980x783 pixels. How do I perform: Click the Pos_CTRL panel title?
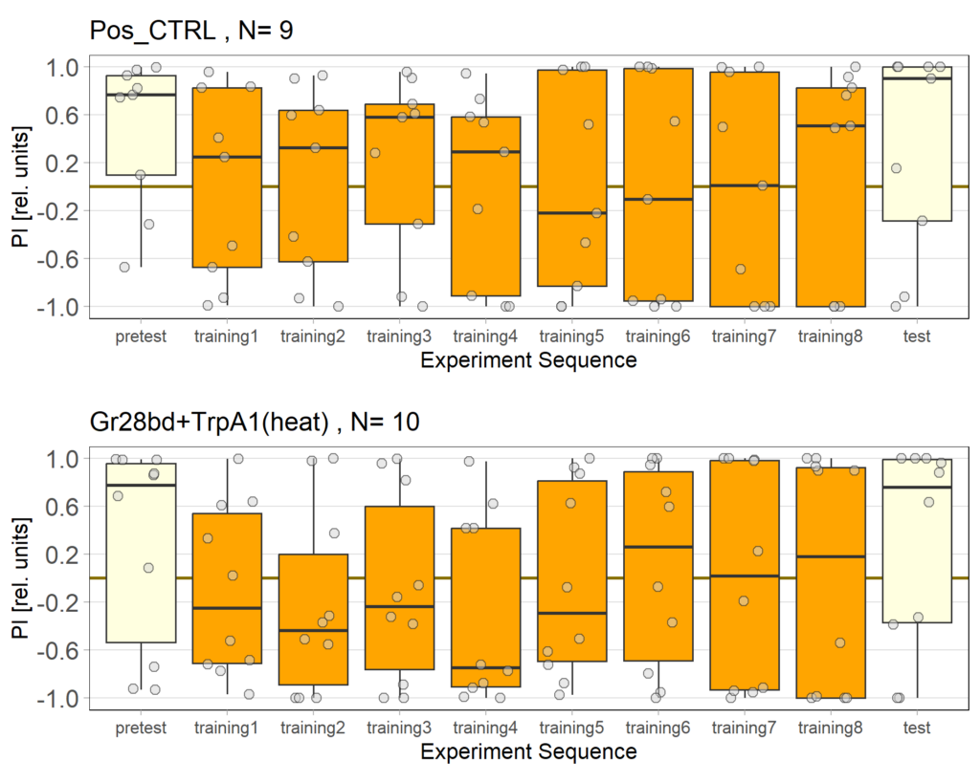pos(190,31)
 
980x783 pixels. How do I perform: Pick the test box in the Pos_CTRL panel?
pos(916,143)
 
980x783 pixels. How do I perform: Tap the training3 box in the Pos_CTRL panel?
pos(399,172)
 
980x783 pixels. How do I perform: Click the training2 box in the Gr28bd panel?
pos(313,621)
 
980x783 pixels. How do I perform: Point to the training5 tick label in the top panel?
pos(571,337)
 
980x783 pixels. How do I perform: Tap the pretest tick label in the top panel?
pos(141,337)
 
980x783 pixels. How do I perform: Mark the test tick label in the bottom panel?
pos(916,728)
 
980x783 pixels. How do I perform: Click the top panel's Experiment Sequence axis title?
pos(528,360)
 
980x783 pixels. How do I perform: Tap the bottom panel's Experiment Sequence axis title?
pos(528,751)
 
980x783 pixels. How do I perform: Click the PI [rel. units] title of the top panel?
pos(20,186)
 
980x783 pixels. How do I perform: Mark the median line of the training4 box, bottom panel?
pos(485,667)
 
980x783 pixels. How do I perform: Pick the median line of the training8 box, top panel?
pos(831,125)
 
